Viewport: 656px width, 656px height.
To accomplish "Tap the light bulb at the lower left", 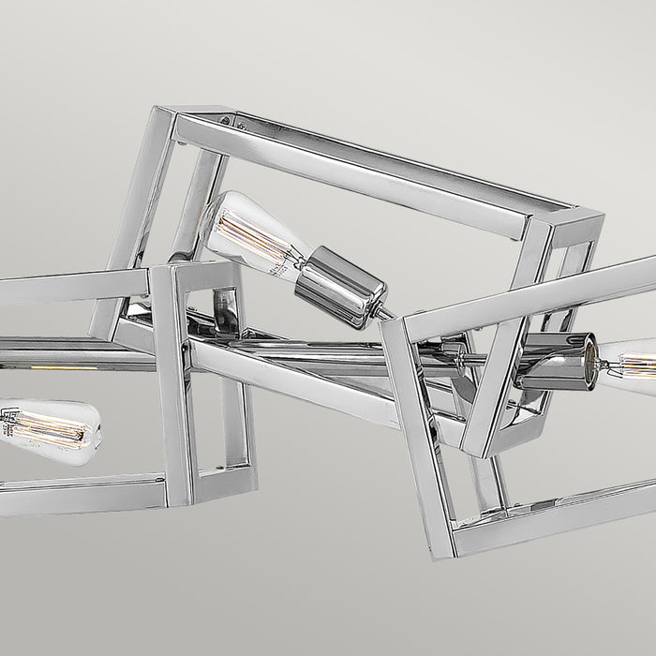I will point(47,432).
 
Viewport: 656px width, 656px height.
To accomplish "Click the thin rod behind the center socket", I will point(380,311).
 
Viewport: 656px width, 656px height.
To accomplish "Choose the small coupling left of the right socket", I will point(459,355).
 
